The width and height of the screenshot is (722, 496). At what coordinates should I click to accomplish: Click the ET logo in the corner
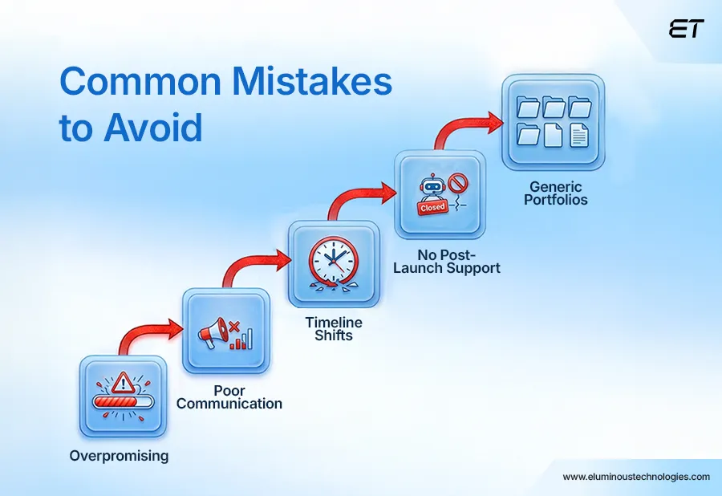tap(686, 29)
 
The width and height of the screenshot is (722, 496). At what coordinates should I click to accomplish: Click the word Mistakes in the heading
tap(291, 83)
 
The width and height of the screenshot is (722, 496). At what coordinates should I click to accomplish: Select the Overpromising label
tap(119, 456)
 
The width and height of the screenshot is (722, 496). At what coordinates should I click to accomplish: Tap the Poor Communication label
tap(229, 397)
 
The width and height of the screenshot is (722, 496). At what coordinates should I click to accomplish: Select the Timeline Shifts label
tap(333, 328)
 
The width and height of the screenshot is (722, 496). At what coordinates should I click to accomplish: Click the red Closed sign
tap(432, 207)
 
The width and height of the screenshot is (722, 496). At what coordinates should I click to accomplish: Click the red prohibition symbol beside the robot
tap(458, 184)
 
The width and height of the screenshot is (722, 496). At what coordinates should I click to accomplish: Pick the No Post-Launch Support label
tap(446, 261)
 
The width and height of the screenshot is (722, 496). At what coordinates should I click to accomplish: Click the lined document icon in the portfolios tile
tap(578, 135)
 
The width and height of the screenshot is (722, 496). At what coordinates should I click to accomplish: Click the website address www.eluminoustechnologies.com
tap(636, 477)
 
